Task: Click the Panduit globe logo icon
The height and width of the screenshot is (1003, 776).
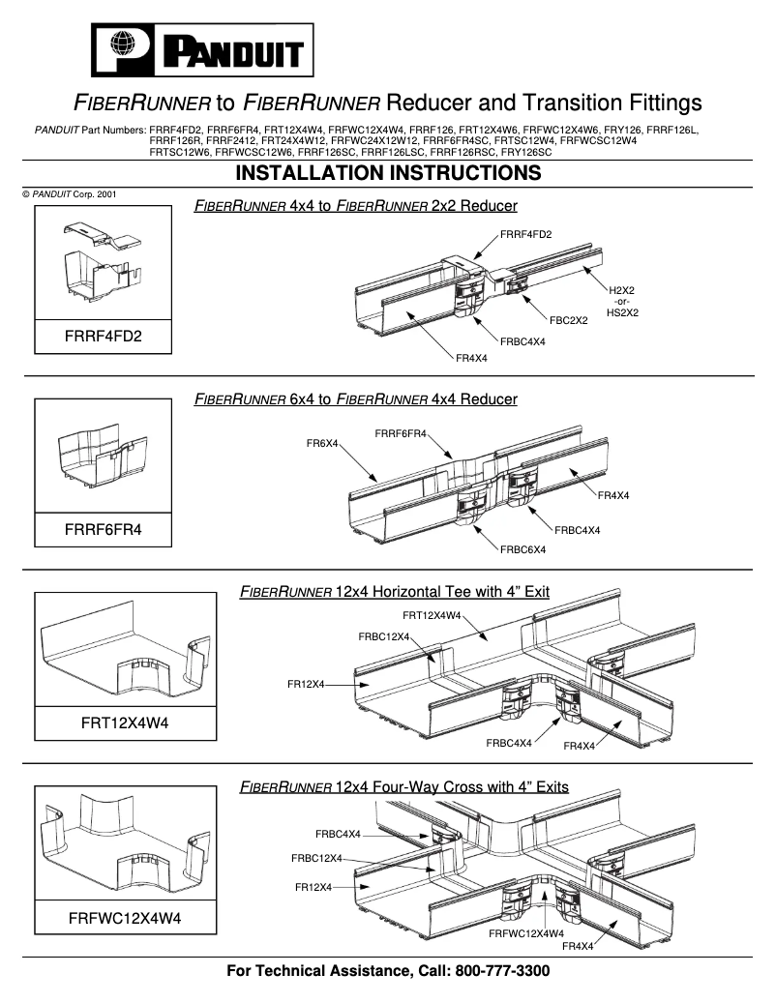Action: pos(121,46)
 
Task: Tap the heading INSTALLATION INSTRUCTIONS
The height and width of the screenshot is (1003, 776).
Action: pos(388,173)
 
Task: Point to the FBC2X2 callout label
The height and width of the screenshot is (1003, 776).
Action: pos(569,319)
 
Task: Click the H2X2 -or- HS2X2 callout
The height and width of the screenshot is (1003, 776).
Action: pos(622,301)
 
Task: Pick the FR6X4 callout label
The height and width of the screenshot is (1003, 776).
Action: pos(322,443)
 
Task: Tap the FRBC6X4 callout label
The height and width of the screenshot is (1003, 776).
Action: pos(522,549)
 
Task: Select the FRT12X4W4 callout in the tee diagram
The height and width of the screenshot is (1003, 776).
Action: pos(431,615)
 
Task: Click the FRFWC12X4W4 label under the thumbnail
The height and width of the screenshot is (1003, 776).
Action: pos(125,919)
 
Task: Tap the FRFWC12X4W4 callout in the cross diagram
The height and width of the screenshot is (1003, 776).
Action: pos(526,933)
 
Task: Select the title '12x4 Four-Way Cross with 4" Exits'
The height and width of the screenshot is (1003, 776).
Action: pos(403,787)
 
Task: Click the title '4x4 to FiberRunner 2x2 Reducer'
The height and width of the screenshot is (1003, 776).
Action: pos(355,206)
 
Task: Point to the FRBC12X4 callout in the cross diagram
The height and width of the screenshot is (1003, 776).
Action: pos(317,858)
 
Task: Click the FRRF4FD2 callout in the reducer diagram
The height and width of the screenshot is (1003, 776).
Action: pos(526,234)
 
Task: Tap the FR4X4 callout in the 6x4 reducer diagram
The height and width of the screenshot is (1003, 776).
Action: pos(613,495)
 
